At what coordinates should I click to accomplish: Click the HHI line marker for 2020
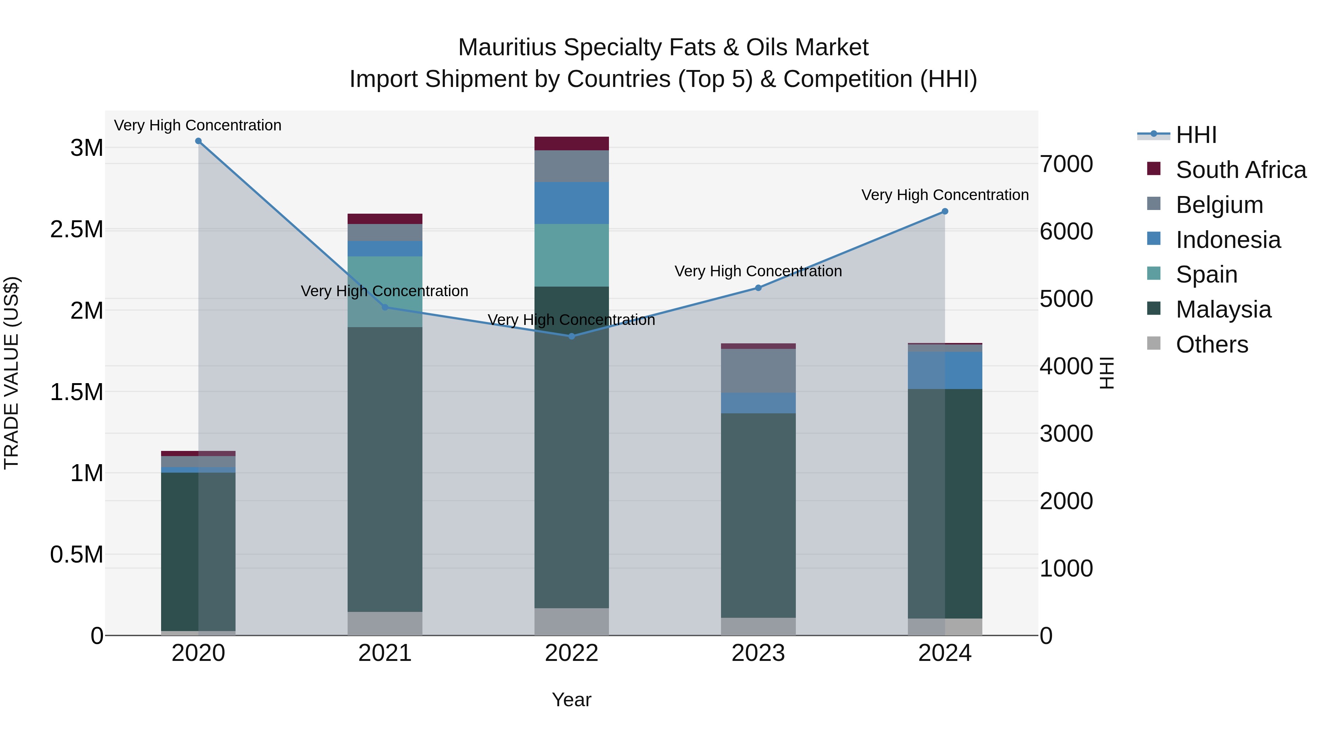[198, 141]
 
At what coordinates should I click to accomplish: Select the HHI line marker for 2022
[571, 336]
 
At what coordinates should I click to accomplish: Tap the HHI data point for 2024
[945, 211]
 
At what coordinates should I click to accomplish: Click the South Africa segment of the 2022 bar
[571, 144]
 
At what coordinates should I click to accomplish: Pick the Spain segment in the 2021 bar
[385, 291]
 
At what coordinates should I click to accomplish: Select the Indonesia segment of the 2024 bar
[945, 370]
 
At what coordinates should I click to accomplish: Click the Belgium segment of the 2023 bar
[758, 371]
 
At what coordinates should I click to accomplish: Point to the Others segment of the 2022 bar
[571, 621]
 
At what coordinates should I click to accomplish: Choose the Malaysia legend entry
[1223, 309]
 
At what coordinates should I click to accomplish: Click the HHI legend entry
[1196, 135]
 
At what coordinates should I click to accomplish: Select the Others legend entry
[1212, 344]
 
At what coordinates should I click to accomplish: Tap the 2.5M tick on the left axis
[77, 230]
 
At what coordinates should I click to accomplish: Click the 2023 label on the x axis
[758, 653]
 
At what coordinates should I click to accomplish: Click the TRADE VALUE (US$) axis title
[11, 373]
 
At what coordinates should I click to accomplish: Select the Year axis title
[571, 700]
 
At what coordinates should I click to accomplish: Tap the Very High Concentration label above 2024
[945, 195]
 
